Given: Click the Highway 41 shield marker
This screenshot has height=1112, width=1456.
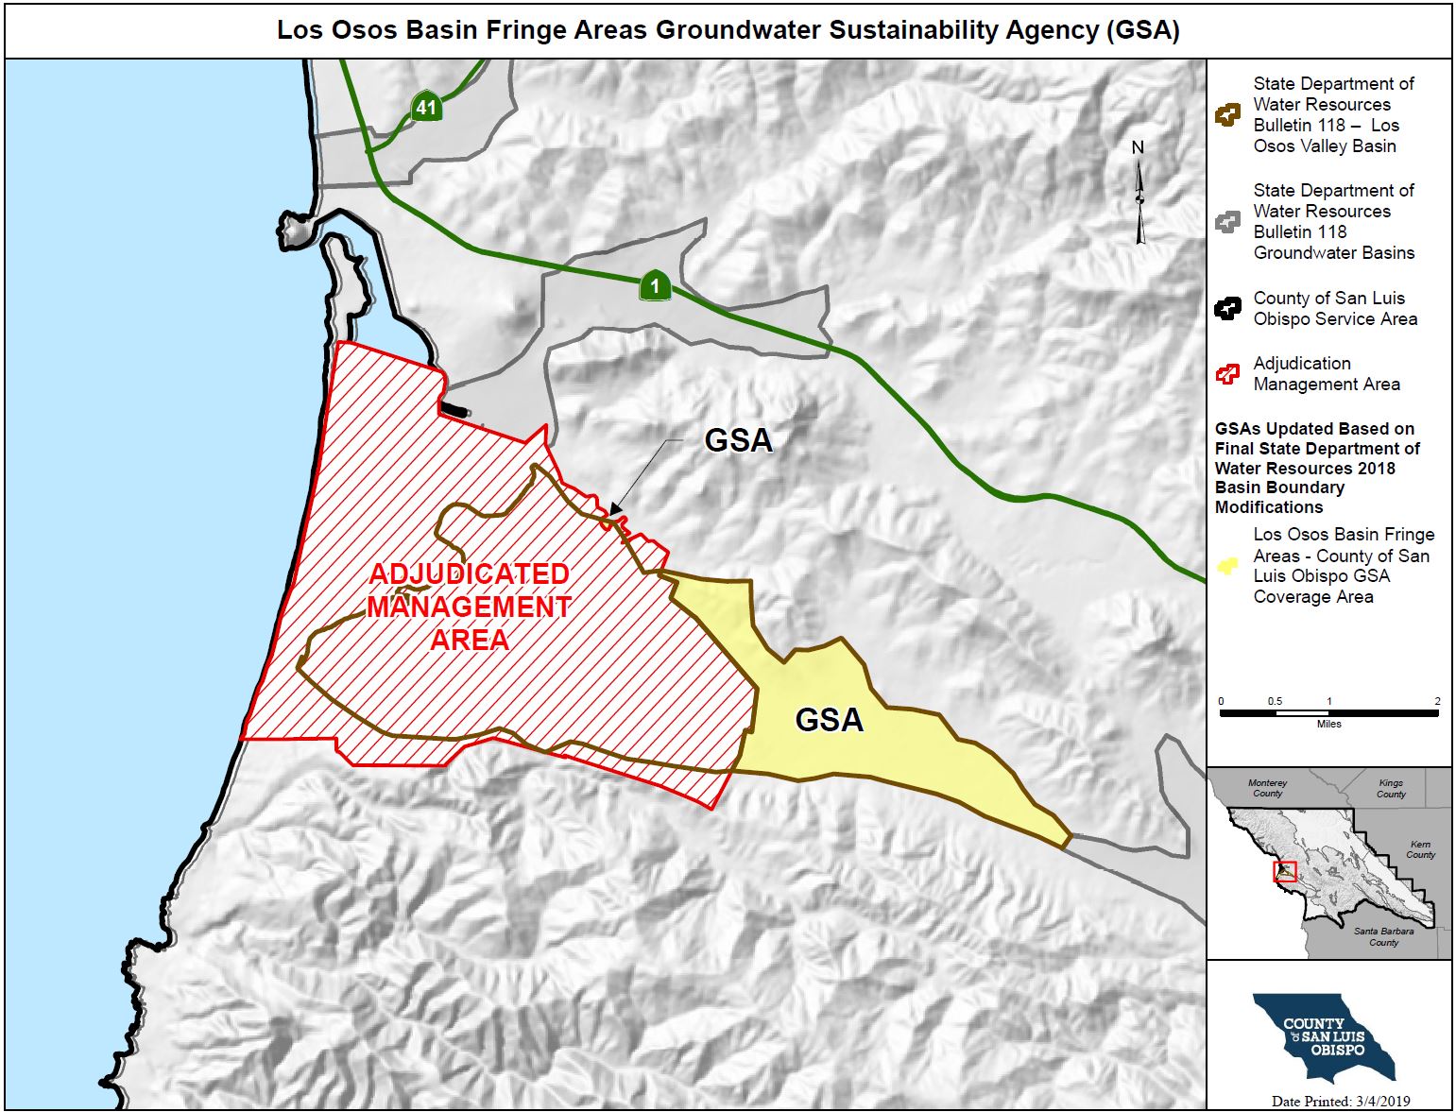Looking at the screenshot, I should click(x=426, y=107).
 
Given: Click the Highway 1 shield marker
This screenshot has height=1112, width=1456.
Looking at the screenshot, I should click(x=655, y=285).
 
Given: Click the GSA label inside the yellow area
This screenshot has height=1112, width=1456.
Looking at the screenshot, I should click(x=829, y=720).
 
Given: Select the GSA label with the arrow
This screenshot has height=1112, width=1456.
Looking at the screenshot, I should click(x=738, y=440).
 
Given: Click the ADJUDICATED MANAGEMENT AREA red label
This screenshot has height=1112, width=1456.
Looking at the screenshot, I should click(x=470, y=607).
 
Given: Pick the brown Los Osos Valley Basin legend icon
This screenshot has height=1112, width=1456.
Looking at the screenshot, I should click(x=1227, y=115).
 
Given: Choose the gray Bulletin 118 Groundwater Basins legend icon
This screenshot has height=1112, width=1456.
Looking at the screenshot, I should click(x=1227, y=222).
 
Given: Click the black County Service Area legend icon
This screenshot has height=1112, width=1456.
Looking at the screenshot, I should click(x=1227, y=309).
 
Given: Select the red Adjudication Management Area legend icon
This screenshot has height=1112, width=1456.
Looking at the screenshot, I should click(x=1227, y=374).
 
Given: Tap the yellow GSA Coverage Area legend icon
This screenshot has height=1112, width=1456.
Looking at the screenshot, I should click(x=1227, y=566).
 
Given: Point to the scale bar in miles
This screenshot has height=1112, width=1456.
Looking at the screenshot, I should click(x=1328, y=713).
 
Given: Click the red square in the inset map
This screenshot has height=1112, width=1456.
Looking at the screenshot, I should click(x=1284, y=872).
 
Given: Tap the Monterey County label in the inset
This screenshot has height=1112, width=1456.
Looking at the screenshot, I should click(x=1267, y=788).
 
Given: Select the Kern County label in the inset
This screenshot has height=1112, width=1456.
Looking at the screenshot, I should click(x=1419, y=849).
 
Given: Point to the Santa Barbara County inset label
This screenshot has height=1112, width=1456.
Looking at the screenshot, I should click(x=1383, y=936).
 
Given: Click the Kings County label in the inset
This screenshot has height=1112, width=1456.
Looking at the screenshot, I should click(x=1390, y=788).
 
